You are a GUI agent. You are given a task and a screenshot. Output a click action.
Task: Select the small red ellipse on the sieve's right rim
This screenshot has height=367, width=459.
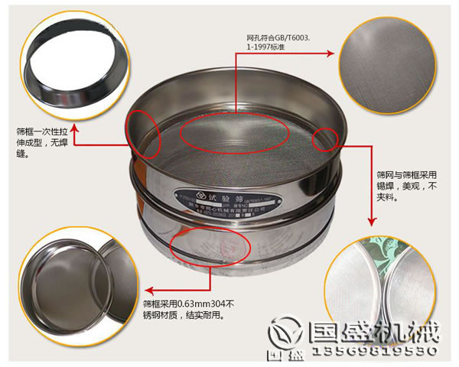325,138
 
